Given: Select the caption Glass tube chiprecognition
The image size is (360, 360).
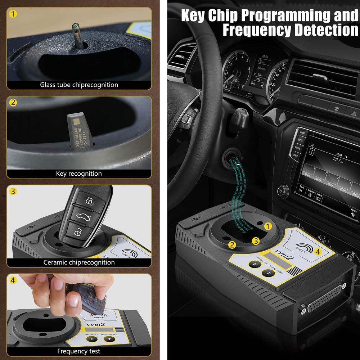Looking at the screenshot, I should [x=79, y=85].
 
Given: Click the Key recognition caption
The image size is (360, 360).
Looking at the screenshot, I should [x=79, y=174].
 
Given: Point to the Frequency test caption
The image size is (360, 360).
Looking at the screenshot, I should [x=79, y=351].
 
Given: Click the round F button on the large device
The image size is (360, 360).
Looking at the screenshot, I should [x=254, y=265].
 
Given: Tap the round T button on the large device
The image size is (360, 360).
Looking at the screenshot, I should [x=268, y=274].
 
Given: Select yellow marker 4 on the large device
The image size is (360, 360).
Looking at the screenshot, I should [x=317, y=252].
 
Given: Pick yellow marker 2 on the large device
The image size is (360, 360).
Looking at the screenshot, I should [x=232, y=245].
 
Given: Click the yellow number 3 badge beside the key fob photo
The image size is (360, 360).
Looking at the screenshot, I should [x=13, y=191].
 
